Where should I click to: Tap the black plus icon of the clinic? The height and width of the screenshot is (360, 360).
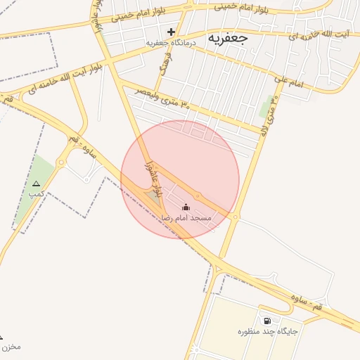(171, 32)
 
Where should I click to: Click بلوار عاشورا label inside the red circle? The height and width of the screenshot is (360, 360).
(150, 172)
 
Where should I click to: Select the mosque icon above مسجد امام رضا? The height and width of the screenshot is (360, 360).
(186, 207)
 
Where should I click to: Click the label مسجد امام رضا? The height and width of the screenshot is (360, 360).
(186, 218)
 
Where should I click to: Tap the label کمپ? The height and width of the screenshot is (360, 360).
(37, 193)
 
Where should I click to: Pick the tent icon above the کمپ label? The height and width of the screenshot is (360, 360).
(36, 184)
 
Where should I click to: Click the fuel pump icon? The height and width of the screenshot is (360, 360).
(266, 321)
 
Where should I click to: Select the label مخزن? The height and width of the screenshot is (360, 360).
(10, 346)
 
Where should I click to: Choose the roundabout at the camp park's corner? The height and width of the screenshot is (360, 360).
(62, 164)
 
